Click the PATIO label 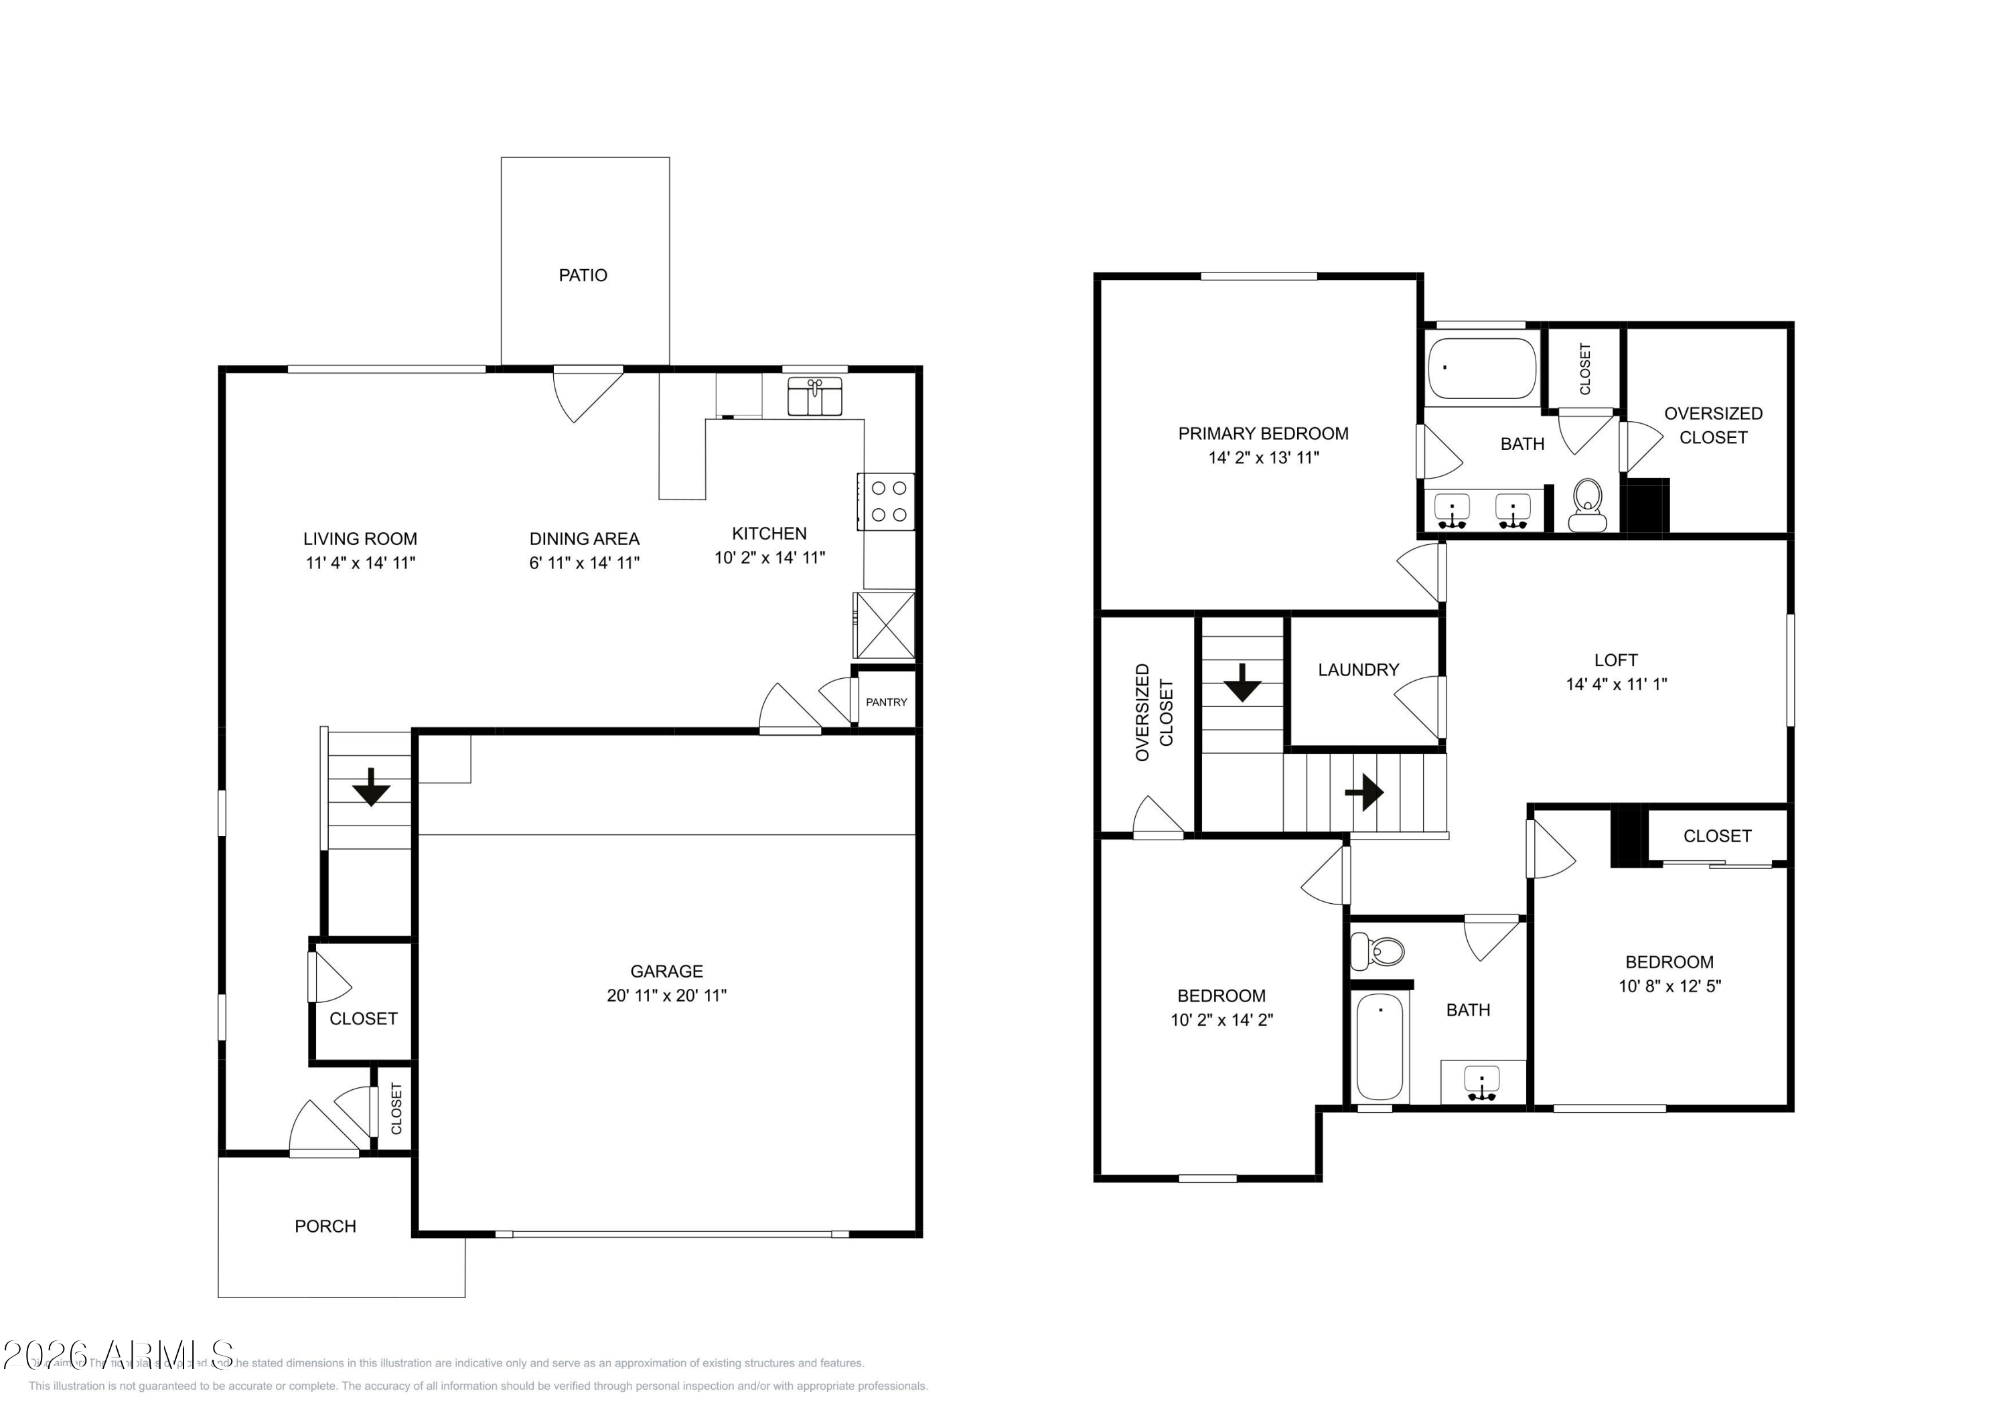coord(583,276)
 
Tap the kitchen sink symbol coord(814,396)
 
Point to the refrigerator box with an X coord(885,625)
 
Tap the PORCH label coord(325,1227)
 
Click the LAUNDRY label coord(1358,670)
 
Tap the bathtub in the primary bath coord(1481,368)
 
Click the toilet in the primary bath coord(1587,505)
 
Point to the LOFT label coord(1615,661)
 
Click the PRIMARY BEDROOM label coord(1262,434)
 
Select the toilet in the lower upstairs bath coord(1378,950)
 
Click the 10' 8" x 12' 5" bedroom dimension coord(1669,986)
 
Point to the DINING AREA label coord(585,539)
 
